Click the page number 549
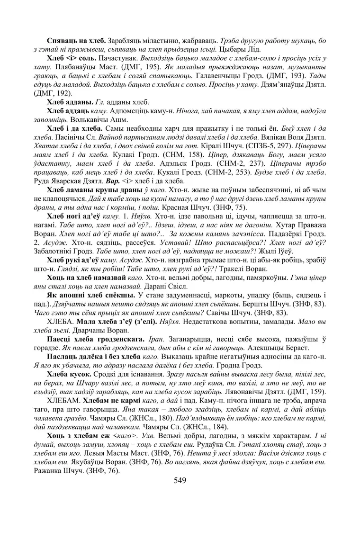180,480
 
